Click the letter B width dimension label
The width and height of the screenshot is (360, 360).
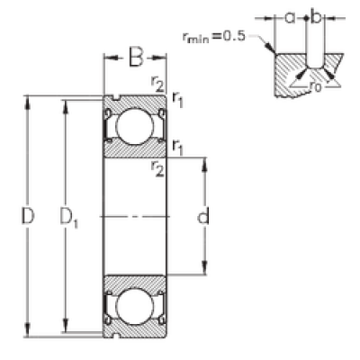tap(136, 57)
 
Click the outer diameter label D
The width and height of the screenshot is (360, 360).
tap(28, 216)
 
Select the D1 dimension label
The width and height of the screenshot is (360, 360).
tap(68, 217)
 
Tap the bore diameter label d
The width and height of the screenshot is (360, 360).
tap(203, 216)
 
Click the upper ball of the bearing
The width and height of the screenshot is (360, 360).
tap(135, 127)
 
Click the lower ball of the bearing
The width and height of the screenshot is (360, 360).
tap(135, 306)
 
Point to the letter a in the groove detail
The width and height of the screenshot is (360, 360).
tap(290, 18)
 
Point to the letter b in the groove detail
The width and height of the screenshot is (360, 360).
tap(316, 17)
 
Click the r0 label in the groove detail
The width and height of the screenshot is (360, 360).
tap(315, 86)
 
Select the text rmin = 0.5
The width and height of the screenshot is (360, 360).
tap(213, 37)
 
